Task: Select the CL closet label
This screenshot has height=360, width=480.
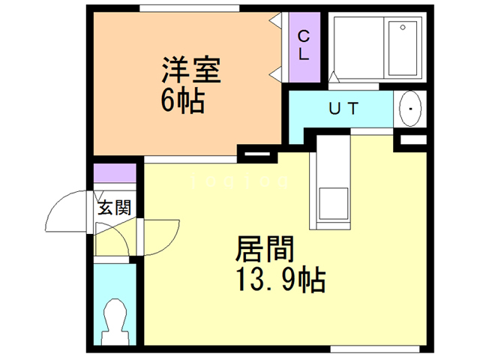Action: (304, 45)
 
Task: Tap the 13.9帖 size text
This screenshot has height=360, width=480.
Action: (280, 280)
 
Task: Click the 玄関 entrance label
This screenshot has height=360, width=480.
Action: (115, 208)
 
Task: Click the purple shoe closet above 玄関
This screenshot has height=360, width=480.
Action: (114, 172)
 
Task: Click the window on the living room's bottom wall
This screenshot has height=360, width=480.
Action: (376, 348)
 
